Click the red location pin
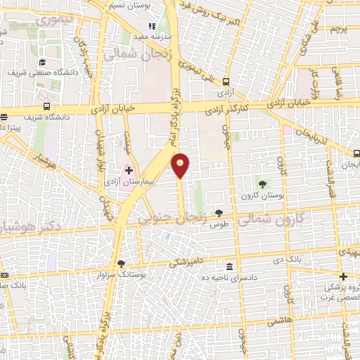pyautogui.click(x=181, y=166)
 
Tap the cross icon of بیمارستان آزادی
pyautogui.click(x=129, y=170)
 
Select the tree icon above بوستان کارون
pyautogui.click(x=263, y=184)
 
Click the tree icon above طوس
pyautogui.click(x=219, y=212)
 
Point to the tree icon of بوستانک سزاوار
pyautogui.click(x=122, y=263)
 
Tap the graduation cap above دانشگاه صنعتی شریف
pyautogui.click(x=42, y=62)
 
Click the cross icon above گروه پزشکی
pyautogui.click(x=343, y=276)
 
